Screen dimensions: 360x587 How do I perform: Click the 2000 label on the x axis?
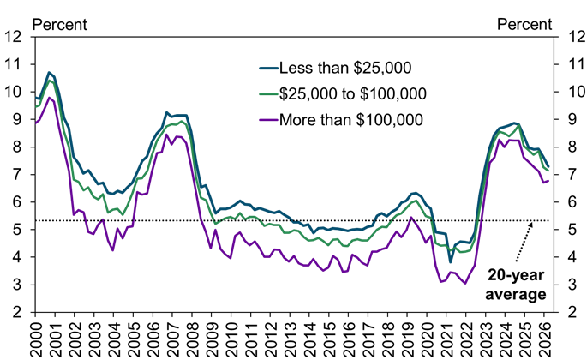click(x=36, y=337)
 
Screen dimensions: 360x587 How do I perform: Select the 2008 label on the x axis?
click(x=195, y=337)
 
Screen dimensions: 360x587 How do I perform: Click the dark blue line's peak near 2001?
click(x=50, y=73)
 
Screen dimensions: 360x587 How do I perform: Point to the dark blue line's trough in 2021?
click(x=451, y=262)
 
